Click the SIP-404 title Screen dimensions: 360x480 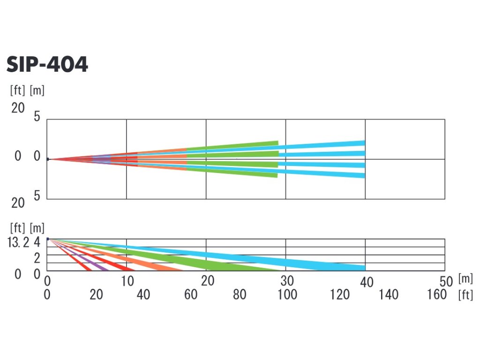[x=47, y=65]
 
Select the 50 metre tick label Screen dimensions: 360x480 [x=446, y=281]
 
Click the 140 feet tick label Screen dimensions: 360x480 [x=388, y=294]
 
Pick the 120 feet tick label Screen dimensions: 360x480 [x=340, y=294]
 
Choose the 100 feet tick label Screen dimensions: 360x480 [x=287, y=294]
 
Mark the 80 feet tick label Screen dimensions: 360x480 [x=240, y=294]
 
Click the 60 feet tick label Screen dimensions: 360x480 [x=191, y=294]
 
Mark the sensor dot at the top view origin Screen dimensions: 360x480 [x=48, y=159]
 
